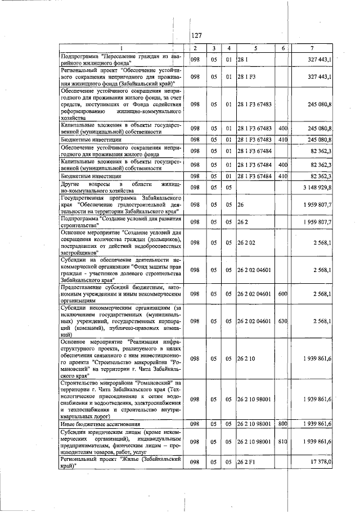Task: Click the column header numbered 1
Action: coord(121,48)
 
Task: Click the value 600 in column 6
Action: coord(283,293)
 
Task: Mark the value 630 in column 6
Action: coord(283,321)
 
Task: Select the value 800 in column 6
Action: coord(283,423)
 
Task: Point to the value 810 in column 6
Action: coord(283,442)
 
